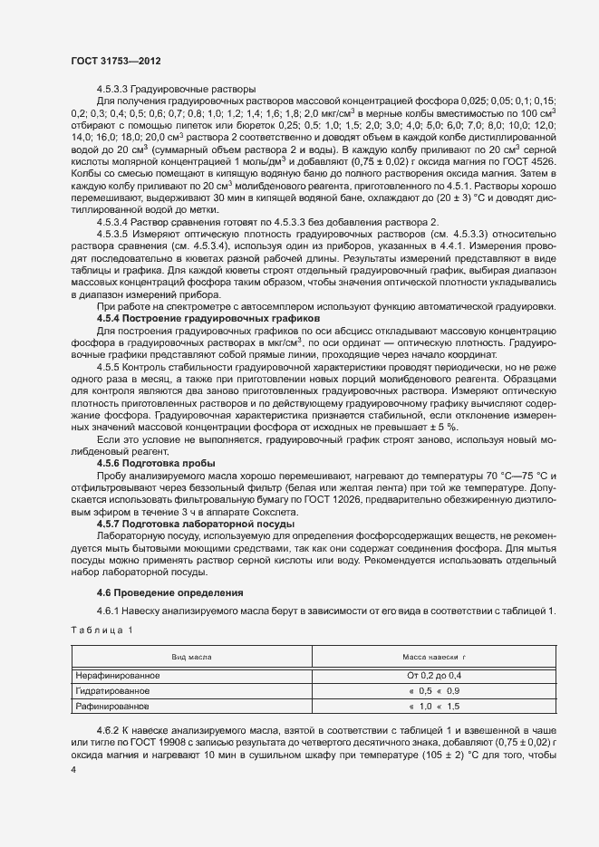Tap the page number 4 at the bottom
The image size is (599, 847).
click(72, 770)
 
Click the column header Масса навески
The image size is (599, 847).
click(432, 656)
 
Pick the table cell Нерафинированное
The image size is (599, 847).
click(119, 676)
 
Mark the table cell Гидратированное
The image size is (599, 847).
click(113, 690)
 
